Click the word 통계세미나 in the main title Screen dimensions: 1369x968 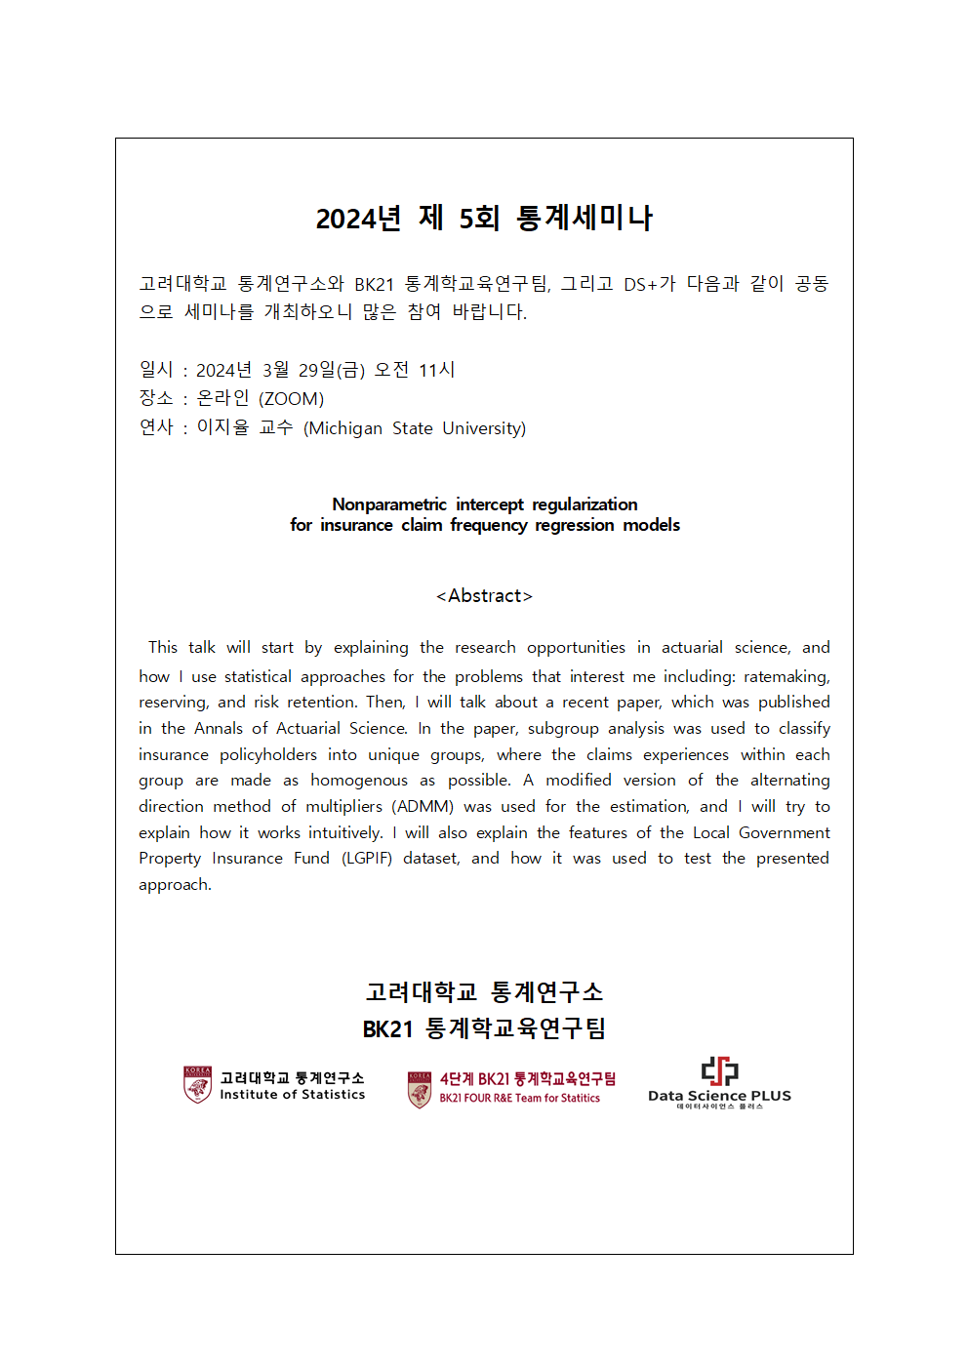pyautogui.click(x=585, y=218)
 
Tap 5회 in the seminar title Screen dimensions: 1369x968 pyautogui.click(x=479, y=218)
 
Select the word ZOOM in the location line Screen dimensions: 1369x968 pyautogui.click(x=291, y=399)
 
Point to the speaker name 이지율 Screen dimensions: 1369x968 pyautogui.click(x=222, y=427)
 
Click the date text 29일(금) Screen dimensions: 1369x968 pyautogui.click(x=332, y=370)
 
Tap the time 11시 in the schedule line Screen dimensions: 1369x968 pyautogui.click(x=437, y=370)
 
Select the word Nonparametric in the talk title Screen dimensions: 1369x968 pyautogui.click(x=389, y=504)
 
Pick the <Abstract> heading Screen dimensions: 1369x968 pyautogui.click(x=484, y=596)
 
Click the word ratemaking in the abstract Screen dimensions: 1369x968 pyautogui.click(x=786, y=676)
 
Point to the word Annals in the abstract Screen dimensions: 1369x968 pyautogui.click(x=219, y=728)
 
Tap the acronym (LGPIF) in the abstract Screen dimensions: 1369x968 pyautogui.click(x=367, y=858)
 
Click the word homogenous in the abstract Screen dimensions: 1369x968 pyautogui.click(x=359, y=780)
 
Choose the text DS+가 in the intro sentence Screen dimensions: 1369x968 pyautogui.click(x=650, y=284)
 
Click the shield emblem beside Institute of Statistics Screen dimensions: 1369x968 pyautogui.click(x=198, y=1084)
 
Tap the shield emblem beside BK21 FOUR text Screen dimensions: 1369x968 pyautogui.click(x=420, y=1089)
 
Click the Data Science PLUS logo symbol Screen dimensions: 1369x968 pyautogui.click(x=719, y=1070)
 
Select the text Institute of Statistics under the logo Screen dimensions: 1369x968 pyautogui.click(x=293, y=1095)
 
